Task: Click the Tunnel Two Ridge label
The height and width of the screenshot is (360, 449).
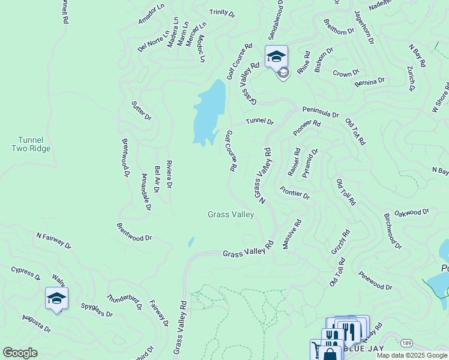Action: pos(31,144)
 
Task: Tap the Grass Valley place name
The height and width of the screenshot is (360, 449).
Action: pos(231,214)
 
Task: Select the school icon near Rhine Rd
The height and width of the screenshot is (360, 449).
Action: pos(276,56)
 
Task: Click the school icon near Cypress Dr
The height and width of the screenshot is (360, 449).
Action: pos(56,298)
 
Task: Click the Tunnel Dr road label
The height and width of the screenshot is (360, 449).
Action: pos(259,122)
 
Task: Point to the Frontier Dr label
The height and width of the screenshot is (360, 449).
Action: pos(295,193)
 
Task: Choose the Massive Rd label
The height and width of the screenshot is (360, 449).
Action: pos(291,235)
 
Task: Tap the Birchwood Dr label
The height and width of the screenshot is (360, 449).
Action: pos(393,230)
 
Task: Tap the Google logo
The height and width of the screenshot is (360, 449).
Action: pos(20,353)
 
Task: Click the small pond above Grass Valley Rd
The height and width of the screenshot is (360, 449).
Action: pos(191,242)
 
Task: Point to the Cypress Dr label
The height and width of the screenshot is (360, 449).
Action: pos(26,273)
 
